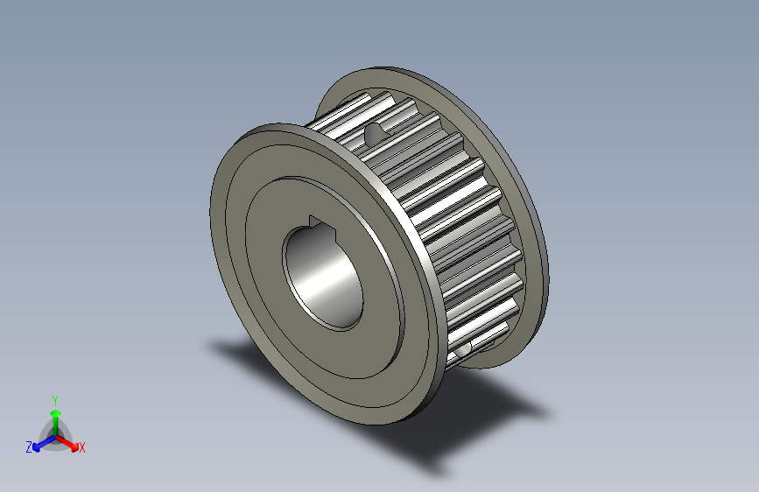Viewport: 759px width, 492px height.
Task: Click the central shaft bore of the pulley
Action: (x=325, y=278)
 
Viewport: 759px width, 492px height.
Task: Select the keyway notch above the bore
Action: (x=319, y=221)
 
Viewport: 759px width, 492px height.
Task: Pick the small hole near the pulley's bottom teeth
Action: (x=463, y=348)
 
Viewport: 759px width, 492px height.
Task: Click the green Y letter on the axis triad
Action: (x=54, y=399)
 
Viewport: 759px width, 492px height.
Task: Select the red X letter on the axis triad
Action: (x=82, y=447)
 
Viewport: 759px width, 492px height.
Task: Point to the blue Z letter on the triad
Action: (x=29, y=446)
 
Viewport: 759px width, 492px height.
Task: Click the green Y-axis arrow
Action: (x=54, y=417)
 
